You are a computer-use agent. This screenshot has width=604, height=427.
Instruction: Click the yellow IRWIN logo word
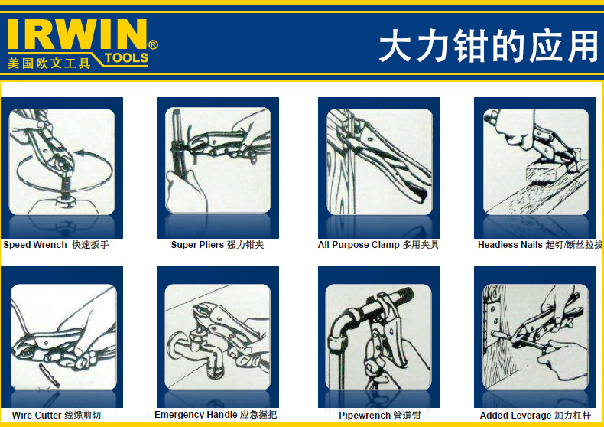[x=77, y=34]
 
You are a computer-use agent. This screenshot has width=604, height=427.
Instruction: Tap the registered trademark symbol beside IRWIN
[x=153, y=45]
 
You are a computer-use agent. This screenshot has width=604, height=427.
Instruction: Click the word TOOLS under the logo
[x=126, y=58]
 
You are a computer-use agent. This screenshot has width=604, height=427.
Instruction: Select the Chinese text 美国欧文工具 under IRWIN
[x=49, y=63]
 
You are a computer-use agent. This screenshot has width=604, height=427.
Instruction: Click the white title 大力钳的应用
[x=489, y=46]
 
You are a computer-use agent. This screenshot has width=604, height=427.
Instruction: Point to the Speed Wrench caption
[x=57, y=245]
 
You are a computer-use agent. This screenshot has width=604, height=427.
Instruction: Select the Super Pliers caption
[x=217, y=245]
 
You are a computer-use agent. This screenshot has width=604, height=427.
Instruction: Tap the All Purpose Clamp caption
[x=378, y=245]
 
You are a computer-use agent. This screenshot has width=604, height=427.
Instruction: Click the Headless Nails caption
[x=540, y=245]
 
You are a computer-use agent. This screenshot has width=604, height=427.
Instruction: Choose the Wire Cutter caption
[x=57, y=416]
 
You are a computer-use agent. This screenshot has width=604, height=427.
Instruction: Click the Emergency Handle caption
[x=216, y=415]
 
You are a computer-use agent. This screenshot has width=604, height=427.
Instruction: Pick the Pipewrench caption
[x=379, y=416]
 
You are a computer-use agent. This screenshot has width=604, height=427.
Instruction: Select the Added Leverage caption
[x=535, y=416]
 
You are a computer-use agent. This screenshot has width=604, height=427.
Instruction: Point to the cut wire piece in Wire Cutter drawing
[x=49, y=376]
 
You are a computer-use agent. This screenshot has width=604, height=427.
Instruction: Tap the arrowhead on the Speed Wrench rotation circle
[x=79, y=154]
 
